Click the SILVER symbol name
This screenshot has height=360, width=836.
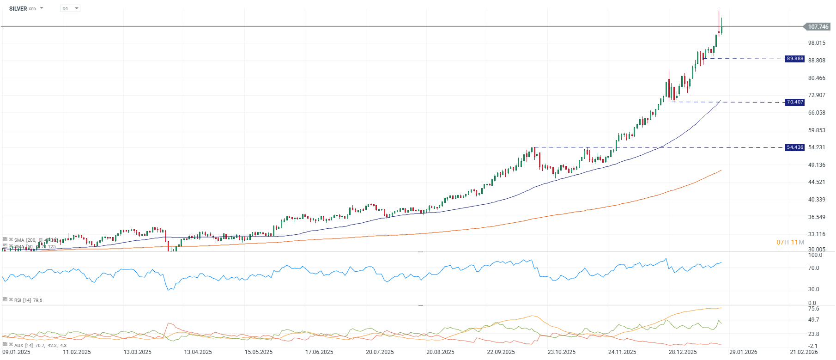click(18, 9)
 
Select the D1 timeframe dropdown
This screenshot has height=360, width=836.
click(70, 9)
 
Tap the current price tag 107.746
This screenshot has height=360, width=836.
click(818, 27)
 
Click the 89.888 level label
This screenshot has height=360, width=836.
click(795, 59)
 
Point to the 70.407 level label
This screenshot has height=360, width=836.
click(795, 102)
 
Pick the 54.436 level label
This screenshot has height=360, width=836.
click(795, 147)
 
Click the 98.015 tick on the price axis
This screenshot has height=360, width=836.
click(817, 43)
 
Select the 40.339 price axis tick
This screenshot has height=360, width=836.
click(817, 200)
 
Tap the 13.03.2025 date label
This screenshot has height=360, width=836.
click(137, 352)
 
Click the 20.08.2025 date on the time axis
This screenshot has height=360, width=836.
click(440, 352)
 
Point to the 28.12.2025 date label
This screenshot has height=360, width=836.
click(683, 352)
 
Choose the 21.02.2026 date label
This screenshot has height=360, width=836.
click(804, 352)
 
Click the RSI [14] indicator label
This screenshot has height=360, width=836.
click(22, 300)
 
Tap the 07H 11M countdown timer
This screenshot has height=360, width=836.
click(790, 242)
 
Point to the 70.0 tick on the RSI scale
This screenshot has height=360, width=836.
click(813, 268)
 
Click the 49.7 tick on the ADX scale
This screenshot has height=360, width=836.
click(813, 320)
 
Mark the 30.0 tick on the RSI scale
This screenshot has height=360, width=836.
click(813, 289)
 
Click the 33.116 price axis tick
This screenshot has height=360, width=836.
click(817, 234)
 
